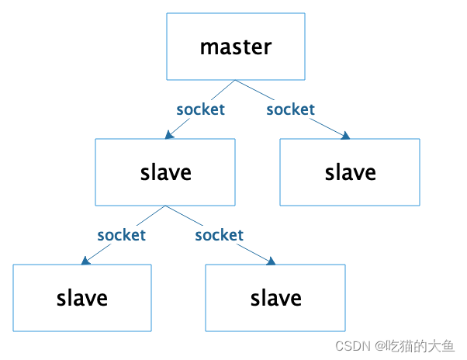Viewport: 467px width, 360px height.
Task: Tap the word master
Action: (x=236, y=47)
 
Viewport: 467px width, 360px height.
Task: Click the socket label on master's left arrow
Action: (x=200, y=109)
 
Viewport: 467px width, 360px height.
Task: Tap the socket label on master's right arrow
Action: (x=291, y=109)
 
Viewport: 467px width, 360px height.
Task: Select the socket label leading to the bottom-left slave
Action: (x=121, y=235)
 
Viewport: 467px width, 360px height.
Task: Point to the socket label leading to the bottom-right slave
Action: (x=220, y=235)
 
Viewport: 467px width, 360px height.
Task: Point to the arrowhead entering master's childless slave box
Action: (x=345, y=136)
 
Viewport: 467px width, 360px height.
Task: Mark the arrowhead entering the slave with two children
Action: (x=169, y=135)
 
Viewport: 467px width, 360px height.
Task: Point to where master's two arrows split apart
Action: (x=236, y=80)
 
